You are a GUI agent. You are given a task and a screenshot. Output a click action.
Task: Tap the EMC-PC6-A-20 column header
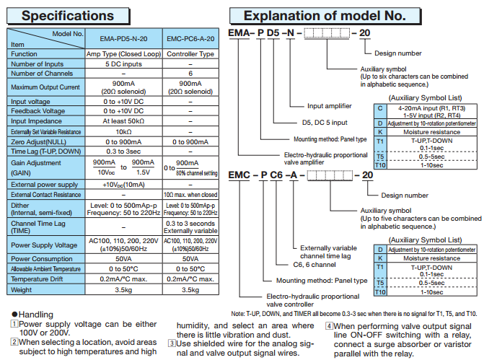tap(190, 39)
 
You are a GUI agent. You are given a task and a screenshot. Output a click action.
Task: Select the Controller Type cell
tap(190, 54)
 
